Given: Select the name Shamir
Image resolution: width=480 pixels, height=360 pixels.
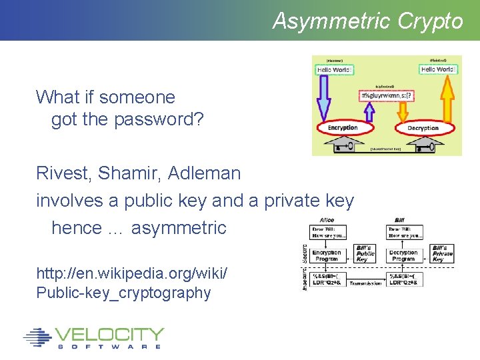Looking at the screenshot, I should pyautogui.click(x=129, y=173).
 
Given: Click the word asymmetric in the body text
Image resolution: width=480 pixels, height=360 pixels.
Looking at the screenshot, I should pyautogui.click(x=179, y=228).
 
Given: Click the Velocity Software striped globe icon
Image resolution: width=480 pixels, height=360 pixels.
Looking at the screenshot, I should pyautogui.click(x=37, y=337).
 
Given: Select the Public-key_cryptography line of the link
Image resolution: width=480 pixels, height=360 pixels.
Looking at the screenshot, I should pyautogui.click(x=123, y=293).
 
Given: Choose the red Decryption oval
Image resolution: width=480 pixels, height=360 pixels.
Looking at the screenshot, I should pyautogui.click(x=423, y=127).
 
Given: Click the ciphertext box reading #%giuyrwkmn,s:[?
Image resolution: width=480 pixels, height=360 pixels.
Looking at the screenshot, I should pyautogui.click(x=387, y=95).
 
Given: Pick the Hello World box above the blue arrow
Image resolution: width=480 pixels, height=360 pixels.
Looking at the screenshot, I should pyautogui.click(x=333, y=69).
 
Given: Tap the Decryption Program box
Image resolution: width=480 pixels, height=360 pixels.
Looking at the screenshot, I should pyautogui.click(x=403, y=255).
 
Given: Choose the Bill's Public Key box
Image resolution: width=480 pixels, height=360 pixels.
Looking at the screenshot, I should pyautogui.click(x=366, y=254).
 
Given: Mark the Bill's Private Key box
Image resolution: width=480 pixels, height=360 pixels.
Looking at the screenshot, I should pyautogui.click(x=442, y=254).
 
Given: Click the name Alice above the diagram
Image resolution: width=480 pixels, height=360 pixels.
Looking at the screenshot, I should pyautogui.click(x=327, y=219).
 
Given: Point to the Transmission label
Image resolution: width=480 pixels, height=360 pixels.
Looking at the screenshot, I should pyautogui.click(x=366, y=283).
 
